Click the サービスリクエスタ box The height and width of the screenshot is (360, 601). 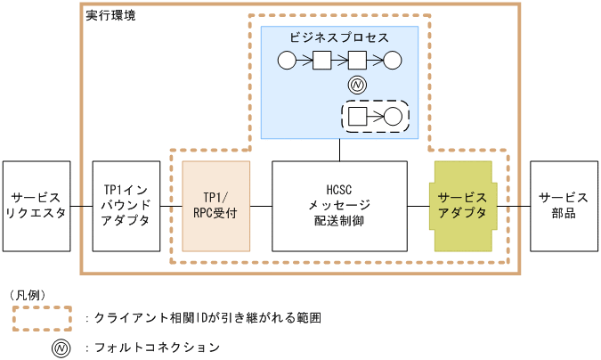click(36, 207)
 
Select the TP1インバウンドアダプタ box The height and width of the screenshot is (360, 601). click(126, 207)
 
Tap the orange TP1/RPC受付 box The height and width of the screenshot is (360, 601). click(216, 207)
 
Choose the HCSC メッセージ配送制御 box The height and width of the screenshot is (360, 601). click(339, 207)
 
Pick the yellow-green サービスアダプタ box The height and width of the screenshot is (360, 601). click(463, 207)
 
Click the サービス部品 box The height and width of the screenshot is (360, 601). click(564, 207)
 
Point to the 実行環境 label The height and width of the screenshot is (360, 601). click(110, 17)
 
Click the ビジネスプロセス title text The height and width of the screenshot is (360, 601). click(339, 38)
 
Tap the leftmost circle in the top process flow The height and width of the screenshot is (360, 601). click(287, 61)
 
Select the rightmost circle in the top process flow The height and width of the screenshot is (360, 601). click(393, 61)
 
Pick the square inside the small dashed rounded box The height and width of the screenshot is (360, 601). click(358, 116)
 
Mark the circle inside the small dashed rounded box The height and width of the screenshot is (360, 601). click(393, 116)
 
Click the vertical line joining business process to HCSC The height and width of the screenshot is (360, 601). click(339, 150)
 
